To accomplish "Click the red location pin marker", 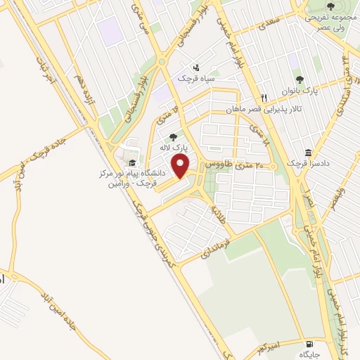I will (181, 166).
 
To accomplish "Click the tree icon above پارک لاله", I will (174, 137).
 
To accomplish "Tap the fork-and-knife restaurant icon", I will (264, 98).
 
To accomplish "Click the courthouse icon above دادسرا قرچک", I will (308, 153).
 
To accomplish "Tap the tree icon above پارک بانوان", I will (300, 79).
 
